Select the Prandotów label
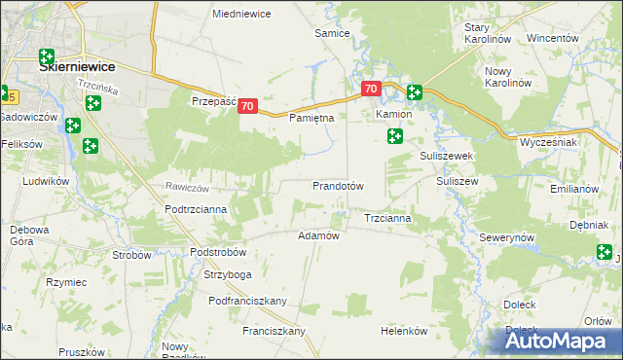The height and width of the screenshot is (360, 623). [338, 185]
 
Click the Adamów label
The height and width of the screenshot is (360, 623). [318, 235]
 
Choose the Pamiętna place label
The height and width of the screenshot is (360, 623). [312, 118]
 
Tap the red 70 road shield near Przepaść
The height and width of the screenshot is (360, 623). [247, 106]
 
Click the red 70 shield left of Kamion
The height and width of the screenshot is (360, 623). [371, 89]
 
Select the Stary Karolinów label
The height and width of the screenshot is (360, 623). [488, 33]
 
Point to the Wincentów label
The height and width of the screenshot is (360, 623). [553, 38]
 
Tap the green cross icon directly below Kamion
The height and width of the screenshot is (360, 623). [394, 136]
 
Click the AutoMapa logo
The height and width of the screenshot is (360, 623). [560, 340]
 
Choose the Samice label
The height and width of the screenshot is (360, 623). [332, 33]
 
